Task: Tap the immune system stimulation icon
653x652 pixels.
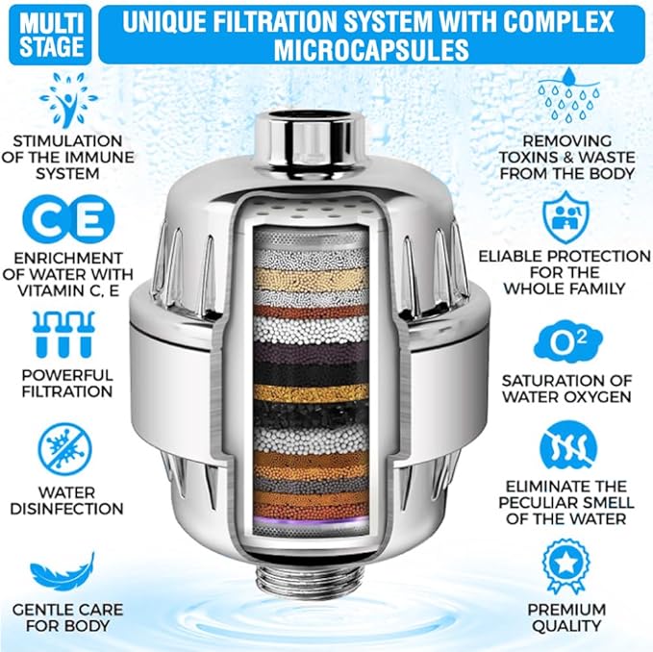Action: pyautogui.click(x=67, y=99)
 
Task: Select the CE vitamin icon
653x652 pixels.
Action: pyautogui.click(x=67, y=219)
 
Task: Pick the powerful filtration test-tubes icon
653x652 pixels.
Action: pyautogui.click(x=67, y=334)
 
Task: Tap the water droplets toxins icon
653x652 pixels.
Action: pyautogui.click(x=567, y=96)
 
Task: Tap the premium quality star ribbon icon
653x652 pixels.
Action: pyautogui.click(x=566, y=566)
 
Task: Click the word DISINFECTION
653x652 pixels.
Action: pyautogui.click(x=67, y=509)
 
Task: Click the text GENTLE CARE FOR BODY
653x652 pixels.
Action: pyautogui.click(x=67, y=618)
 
